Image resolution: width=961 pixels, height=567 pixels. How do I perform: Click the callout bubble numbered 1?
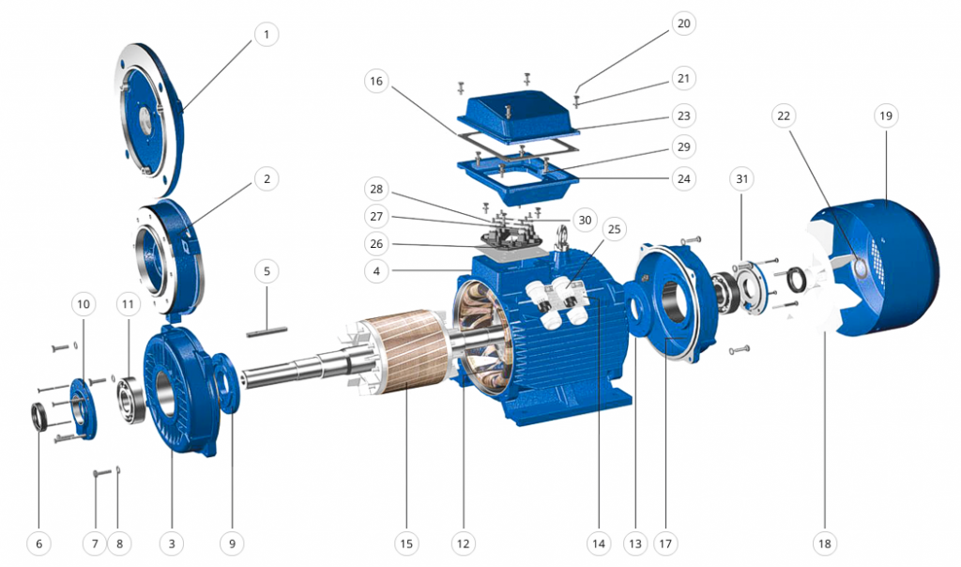tap(266, 34)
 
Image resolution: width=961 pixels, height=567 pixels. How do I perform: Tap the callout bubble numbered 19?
tap(886, 115)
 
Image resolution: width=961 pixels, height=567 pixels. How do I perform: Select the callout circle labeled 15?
tap(406, 544)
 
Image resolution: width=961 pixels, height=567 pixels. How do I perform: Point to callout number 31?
tap(741, 179)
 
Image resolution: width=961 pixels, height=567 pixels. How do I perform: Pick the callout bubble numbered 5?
tap(267, 271)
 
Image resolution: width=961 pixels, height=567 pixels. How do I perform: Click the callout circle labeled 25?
tap(614, 229)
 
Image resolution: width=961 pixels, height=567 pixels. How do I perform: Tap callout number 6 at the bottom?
tap(39, 544)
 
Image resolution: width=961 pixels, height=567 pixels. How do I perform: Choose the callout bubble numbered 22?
tap(784, 115)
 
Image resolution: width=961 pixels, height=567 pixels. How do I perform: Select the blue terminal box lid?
tap(518, 115)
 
